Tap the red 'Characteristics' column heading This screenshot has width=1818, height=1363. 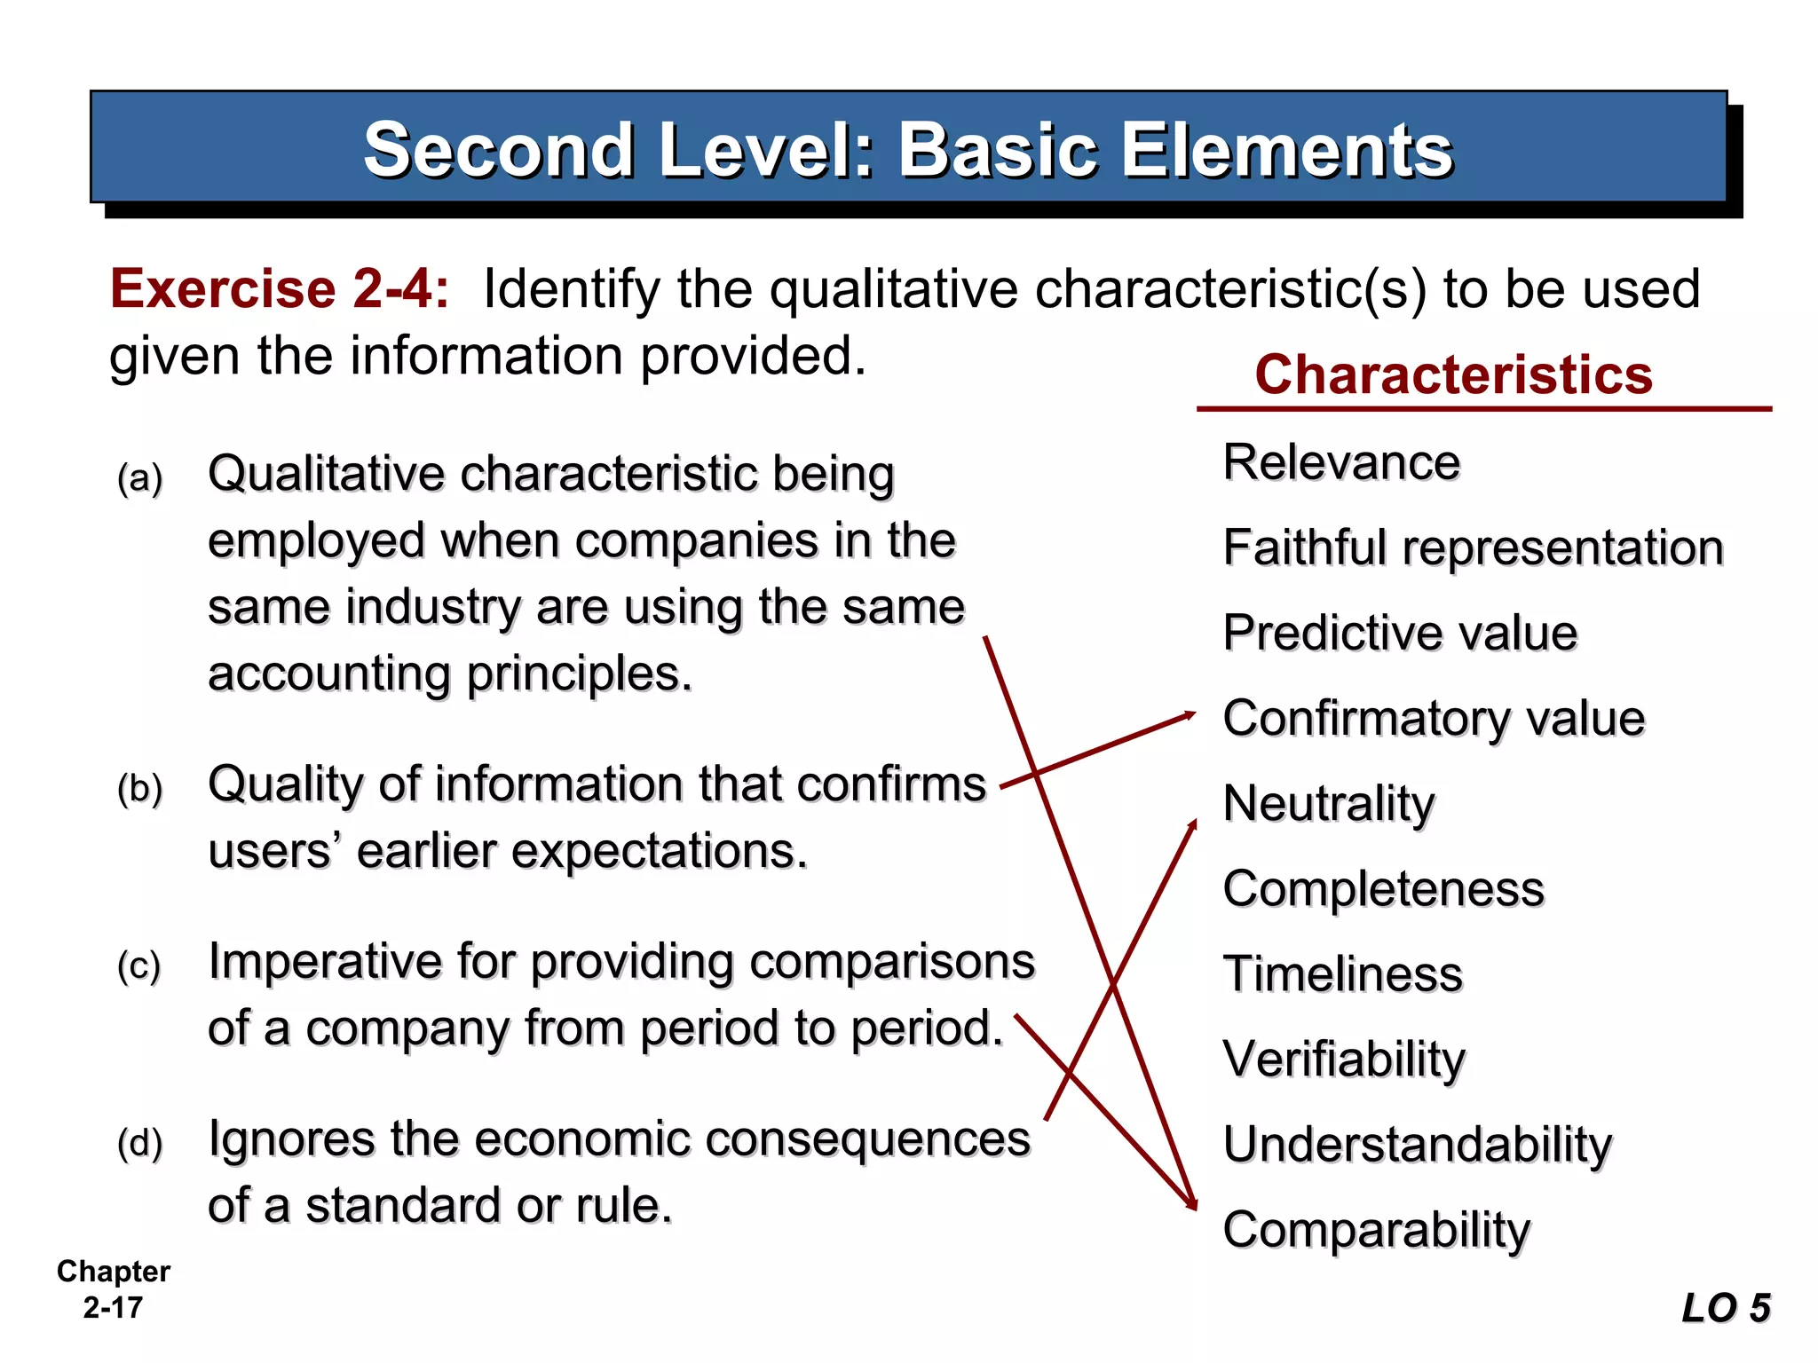pos(1453,374)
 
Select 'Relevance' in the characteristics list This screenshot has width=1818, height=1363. pos(1340,462)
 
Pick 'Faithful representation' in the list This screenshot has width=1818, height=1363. pos(1473,548)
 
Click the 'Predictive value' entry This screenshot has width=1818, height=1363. pos(1400,633)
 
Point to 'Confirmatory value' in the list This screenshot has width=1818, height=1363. pos(1433,718)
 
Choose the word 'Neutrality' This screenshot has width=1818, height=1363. pos(1328,804)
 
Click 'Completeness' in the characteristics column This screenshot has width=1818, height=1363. pos(1383,888)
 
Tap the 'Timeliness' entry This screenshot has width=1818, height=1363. pos(1342,973)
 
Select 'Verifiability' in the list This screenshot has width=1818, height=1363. pos(1344,1059)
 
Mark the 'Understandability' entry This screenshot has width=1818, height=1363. pos(1417,1144)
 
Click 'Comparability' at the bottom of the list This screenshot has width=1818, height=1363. pos(1376,1230)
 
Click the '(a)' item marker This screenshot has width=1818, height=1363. pos(140,478)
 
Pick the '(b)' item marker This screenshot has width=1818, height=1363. pos(140,788)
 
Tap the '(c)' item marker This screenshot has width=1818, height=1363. pos(139,965)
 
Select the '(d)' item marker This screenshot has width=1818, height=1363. pos(140,1143)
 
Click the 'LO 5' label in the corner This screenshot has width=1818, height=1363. pos(1726,1308)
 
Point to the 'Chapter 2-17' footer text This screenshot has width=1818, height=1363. pos(113,1289)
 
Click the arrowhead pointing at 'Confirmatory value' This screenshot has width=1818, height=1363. pos(1188,714)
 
